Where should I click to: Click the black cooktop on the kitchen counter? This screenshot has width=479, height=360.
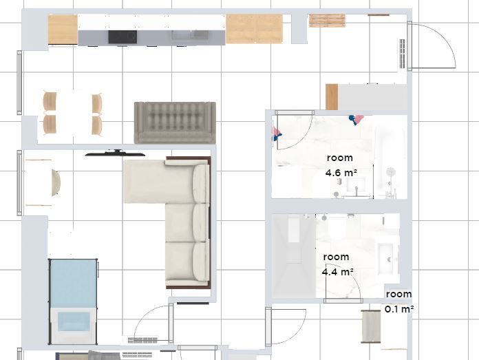pyautogui.click(x=123, y=37)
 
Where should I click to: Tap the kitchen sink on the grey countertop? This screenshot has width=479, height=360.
pyautogui.click(x=190, y=34)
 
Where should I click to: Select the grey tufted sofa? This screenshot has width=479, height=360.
pyautogui.click(x=175, y=123)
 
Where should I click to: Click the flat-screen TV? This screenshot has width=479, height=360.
pyautogui.click(x=115, y=153)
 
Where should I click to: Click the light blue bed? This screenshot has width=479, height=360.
pyautogui.click(x=73, y=301)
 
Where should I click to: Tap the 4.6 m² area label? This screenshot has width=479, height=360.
pyautogui.click(x=341, y=173)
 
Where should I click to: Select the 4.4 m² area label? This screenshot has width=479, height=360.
pyautogui.click(x=338, y=272)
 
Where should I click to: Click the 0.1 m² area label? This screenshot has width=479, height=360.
pyautogui.click(x=399, y=309)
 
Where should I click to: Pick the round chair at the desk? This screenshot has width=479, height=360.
pyautogui.click(x=56, y=182)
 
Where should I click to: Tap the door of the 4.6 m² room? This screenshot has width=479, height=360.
pyautogui.click(x=294, y=131)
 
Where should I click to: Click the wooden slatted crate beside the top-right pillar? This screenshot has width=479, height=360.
pyautogui.click(x=327, y=21)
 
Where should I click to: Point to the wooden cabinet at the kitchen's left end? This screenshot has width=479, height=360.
pyautogui.click(x=63, y=30)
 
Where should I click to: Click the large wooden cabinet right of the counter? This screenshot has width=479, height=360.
pyautogui.click(x=254, y=29)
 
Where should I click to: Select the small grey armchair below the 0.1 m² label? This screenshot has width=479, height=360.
pyautogui.click(x=370, y=326)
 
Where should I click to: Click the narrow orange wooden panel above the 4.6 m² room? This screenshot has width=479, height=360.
pyautogui.click(x=332, y=97)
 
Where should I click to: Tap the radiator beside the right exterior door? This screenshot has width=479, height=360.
pyautogui.click(x=403, y=54)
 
